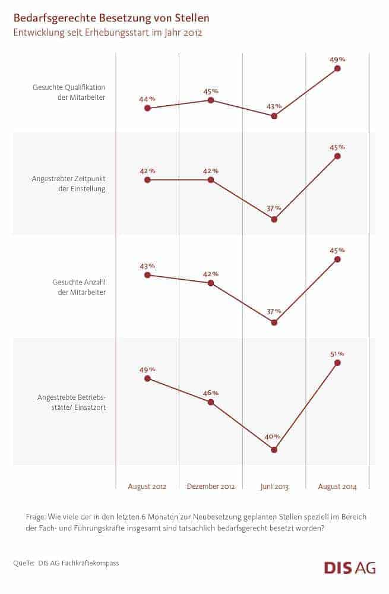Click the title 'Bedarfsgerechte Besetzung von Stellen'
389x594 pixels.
(111, 19)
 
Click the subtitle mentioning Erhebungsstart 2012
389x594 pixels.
(107, 33)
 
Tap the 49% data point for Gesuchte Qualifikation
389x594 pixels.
(337, 69)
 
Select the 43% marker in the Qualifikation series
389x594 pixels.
(274, 116)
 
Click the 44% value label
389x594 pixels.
(147, 99)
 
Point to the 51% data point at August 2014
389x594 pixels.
(337, 362)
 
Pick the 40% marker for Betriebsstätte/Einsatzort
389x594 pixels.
(274, 450)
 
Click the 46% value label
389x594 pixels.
(211, 393)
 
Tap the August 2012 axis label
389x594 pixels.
(147, 486)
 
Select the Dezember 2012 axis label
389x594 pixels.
(211, 486)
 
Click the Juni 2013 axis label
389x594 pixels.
(274, 486)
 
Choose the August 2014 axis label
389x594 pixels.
(337, 486)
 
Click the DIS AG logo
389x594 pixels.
(350, 567)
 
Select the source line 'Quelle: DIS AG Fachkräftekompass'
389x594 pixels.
(66, 563)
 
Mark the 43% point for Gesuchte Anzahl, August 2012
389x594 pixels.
(147, 275)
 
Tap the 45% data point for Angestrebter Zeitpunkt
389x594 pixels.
(337, 156)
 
